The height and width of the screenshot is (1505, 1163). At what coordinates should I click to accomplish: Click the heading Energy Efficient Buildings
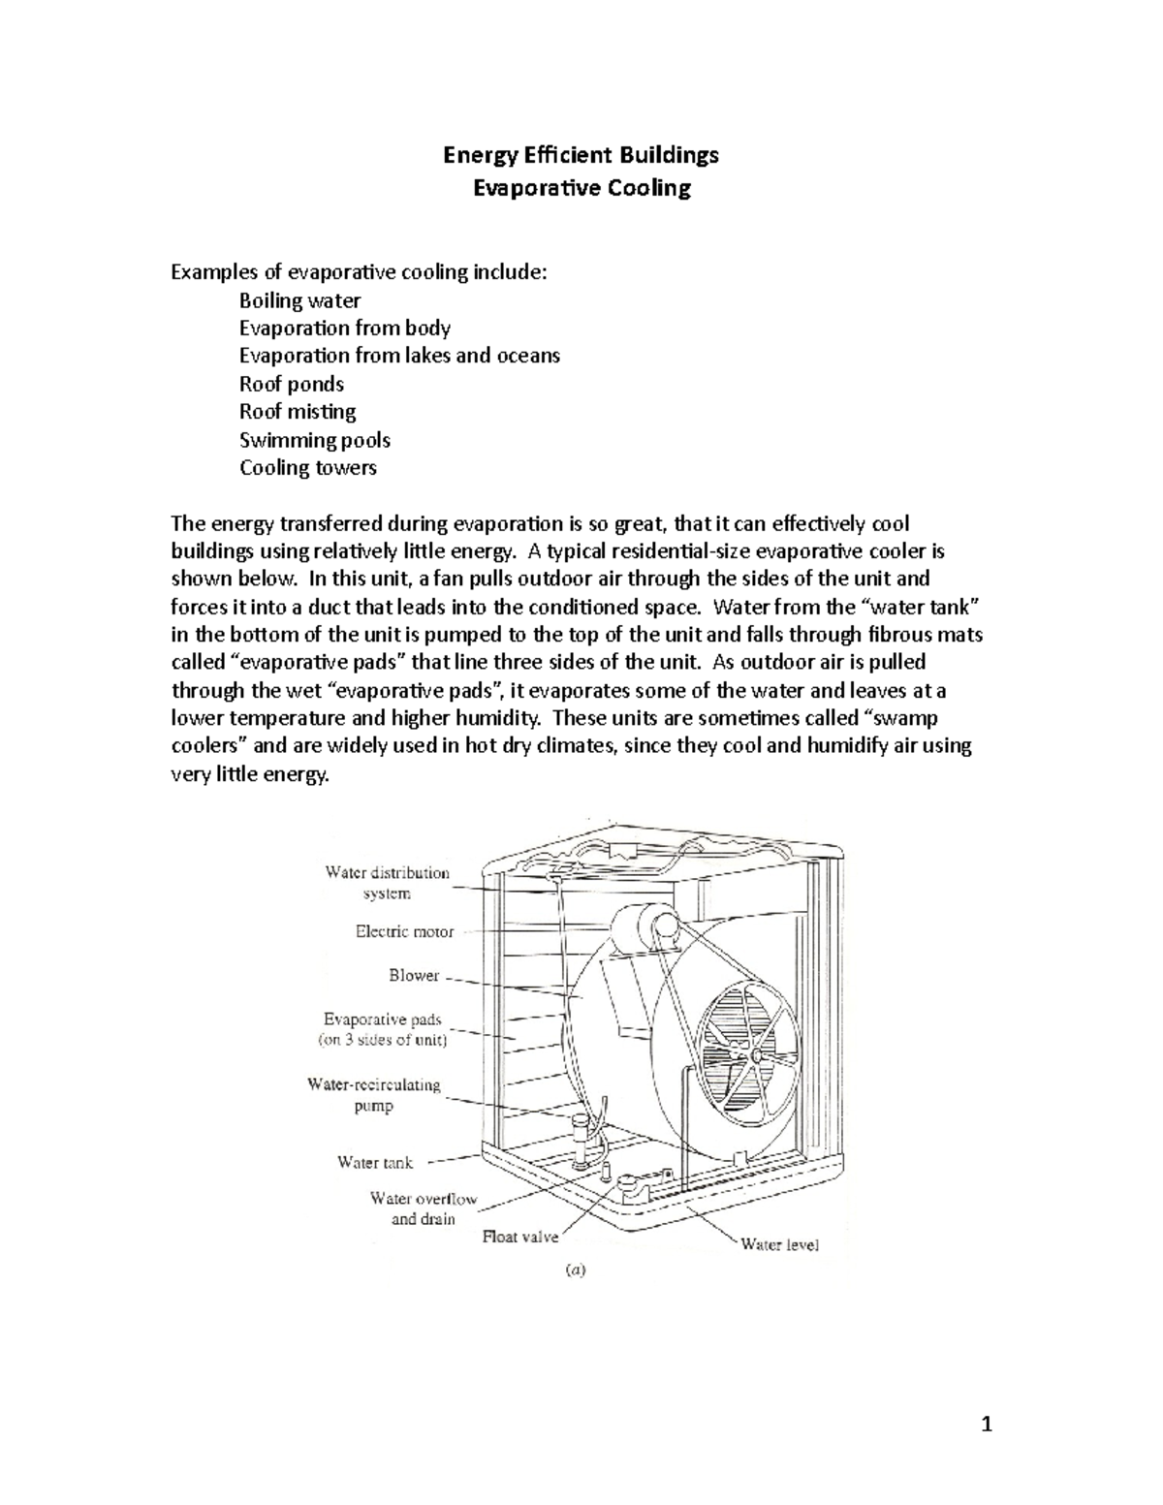click(x=581, y=154)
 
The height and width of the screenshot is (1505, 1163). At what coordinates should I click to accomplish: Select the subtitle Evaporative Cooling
click(x=581, y=187)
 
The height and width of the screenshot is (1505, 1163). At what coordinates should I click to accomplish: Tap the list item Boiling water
click(x=299, y=300)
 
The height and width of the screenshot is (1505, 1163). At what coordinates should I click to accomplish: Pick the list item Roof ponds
click(x=292, y=384)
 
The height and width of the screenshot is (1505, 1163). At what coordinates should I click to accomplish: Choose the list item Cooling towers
click(x=308, y=468)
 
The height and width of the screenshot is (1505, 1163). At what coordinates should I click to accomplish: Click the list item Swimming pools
click(x=315, y=440)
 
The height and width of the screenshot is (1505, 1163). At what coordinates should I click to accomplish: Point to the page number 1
click(x=987, y=1424)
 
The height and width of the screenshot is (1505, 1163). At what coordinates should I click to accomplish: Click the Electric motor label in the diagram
click(x=404, y=932)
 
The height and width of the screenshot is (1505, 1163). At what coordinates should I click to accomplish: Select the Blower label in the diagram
click(x=414, y=976)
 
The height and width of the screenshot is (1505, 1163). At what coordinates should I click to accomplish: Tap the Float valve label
click(x=520, y=1238)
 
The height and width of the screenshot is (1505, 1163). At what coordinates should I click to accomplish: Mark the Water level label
click(x=779, y=1244)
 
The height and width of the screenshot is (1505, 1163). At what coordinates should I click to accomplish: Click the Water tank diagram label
click(x=374, y=1162)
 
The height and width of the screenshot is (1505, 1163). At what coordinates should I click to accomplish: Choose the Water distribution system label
click(x=388, y=883)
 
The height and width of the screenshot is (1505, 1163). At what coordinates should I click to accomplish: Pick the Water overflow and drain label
click(x=424, y=1208)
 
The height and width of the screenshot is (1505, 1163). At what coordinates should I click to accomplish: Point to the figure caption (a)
click(x=576, y=1269)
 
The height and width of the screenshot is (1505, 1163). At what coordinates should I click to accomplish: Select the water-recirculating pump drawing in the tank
click(x=581, y=1139)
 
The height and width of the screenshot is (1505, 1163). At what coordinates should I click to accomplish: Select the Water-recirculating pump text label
click(x=374, y=1095)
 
